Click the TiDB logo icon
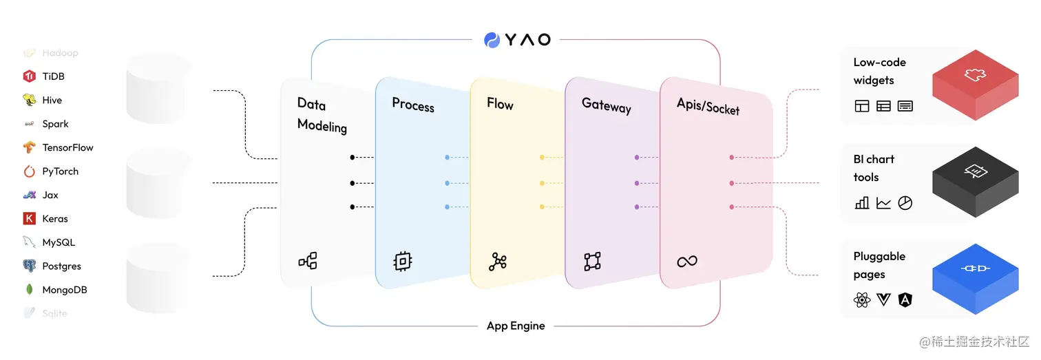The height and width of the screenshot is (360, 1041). click(29, 76)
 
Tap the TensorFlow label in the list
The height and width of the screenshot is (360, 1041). click(67, 147)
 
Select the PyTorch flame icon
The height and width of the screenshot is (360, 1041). click(29, 171)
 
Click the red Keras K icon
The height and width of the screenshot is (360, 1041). click(29, 219)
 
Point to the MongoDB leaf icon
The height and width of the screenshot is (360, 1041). click(29, 290)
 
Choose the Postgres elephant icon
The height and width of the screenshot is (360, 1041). click(29, 266)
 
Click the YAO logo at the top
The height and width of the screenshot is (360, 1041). click(517, 39)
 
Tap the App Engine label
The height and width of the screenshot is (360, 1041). click(516, 326)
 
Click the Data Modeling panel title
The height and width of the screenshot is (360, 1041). click(322, 115)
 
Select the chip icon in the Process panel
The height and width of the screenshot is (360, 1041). click(403, 261)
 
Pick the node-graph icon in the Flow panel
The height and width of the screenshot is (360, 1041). click(498, 262)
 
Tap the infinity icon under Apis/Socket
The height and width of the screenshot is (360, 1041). click(687, 261)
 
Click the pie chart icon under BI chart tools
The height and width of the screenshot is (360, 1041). click(905, 203)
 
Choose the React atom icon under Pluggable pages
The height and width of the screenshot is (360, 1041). click(862, 300)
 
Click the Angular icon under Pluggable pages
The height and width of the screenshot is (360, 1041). click(905, 300)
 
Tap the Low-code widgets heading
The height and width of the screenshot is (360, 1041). click(879, 71)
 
